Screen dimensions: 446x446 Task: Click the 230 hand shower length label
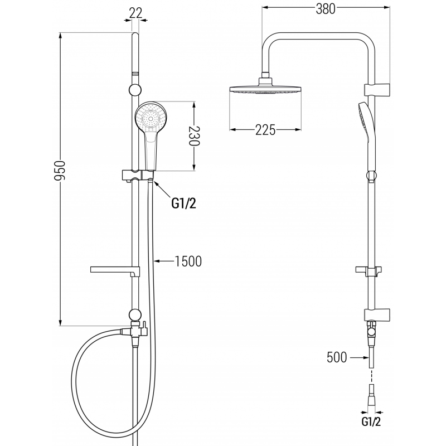coord(194,135)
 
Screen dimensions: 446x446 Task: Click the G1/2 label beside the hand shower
coord(183,204)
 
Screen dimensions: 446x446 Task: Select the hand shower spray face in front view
coord(151,118)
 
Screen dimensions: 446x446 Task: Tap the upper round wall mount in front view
coord(134,90)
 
